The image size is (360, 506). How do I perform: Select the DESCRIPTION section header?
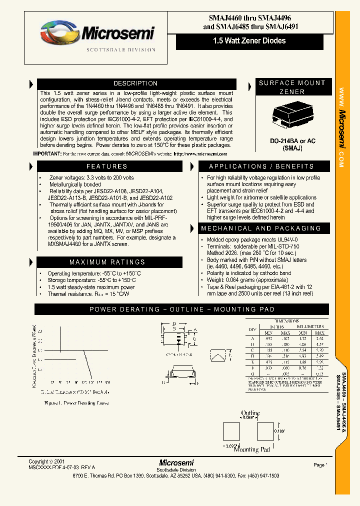click(135, 83)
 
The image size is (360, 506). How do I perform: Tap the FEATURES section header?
click(106, 166)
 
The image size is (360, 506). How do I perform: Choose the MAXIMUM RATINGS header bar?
click(106, 262)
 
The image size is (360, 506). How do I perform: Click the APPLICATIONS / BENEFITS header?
click(261, 166)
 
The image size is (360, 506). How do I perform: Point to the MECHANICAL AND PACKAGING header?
click(260, 228)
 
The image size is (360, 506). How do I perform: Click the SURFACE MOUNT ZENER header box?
click(292, 87)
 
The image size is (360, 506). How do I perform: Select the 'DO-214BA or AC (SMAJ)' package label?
click(292, 145)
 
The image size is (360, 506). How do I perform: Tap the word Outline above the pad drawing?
click(250, 413)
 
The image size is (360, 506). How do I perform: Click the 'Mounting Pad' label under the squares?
click(252, 449)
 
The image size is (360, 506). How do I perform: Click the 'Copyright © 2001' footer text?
click(46, 461)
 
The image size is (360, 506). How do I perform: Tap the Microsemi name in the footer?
click(176, 462)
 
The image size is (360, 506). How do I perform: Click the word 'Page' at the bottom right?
click(319, 465)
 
